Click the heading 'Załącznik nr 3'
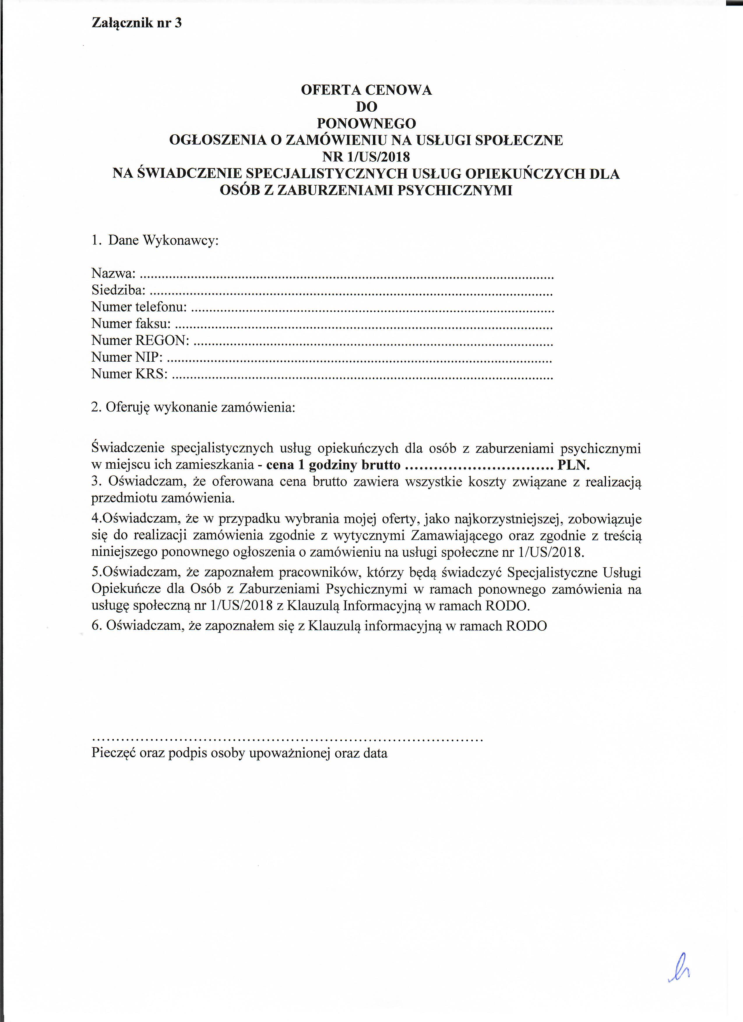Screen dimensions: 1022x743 pyautogui.click(x=137, y=23)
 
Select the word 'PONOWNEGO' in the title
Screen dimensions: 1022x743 pyautogui.click(x=366, y=123)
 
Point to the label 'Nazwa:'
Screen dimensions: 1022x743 pyautogui.click(x=113, y=273)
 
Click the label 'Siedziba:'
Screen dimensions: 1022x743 pyautogui.click(x=119, y=290)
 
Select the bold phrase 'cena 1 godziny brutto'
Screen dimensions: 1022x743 pyautogui.click(x=333, y=465)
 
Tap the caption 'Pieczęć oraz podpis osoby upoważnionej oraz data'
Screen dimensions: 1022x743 pyautogui.click(x=239, y=753)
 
